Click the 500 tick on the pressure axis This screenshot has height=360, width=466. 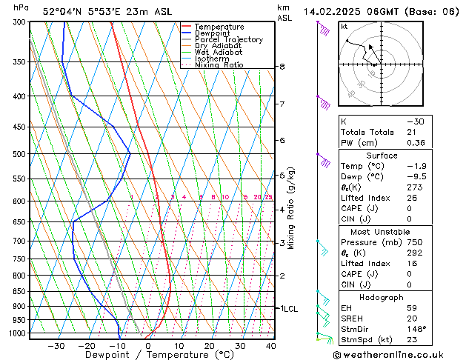pos(19,154)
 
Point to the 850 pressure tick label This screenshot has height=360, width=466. pos(19,291)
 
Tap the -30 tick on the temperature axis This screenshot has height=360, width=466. pos(56,345)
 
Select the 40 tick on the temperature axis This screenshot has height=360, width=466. pos(270,345)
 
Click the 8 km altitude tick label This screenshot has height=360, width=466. pos(282,67)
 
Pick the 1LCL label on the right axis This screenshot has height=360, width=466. pos(287,308)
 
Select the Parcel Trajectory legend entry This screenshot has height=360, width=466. pos(228,40)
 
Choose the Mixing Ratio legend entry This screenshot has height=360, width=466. pos(219,65)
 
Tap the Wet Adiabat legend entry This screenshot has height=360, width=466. pos(218,53)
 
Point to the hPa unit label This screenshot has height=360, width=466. pos(21,7)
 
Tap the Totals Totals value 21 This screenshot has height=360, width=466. pos(412,132)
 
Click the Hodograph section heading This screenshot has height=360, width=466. pos(382,296)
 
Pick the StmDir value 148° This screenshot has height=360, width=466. pos(416,329)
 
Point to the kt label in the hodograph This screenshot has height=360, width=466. pos(344,27)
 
